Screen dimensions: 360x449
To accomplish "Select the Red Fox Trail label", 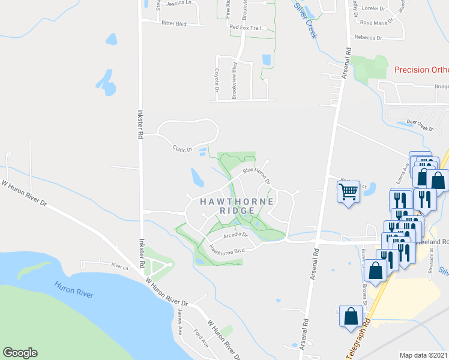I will tap(246, 28).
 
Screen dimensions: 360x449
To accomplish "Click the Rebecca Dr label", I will tap(368, 37).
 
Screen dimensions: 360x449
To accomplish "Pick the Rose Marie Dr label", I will tap(376, 22).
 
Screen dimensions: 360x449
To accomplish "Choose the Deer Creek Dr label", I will tap(420, 127).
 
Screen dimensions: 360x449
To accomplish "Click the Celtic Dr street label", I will tap(182, 148).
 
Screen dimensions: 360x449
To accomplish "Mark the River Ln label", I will tap(120, 266).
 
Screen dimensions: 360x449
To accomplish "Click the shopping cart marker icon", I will tap(349, 192).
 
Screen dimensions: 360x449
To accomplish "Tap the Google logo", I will tap(20, 352).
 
